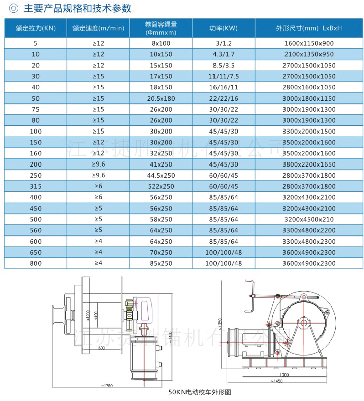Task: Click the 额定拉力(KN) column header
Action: click(x=36, y=28)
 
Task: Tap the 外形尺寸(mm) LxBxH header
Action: click(x=309, y=28)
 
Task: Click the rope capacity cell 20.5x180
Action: click(x=161, y=98)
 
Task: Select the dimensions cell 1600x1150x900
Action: click(x=309, y=43)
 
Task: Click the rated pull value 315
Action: click(x=36, y=186)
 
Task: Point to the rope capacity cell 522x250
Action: click(x=161, y=186)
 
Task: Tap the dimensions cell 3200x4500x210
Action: click(x=309, y=219)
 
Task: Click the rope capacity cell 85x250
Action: click(x=161, y=263)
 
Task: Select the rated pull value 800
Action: click(x=36, y=263)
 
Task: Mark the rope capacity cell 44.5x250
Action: click(x=161, y=175)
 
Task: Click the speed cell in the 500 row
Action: click(x=99, y=219)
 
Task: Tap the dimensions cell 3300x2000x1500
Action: click(x=309, y=131)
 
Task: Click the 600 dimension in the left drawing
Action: click(x=101, y=349)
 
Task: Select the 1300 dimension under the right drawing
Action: click(x=284, y=375)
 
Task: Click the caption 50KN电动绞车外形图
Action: click(x=200, y=392)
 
